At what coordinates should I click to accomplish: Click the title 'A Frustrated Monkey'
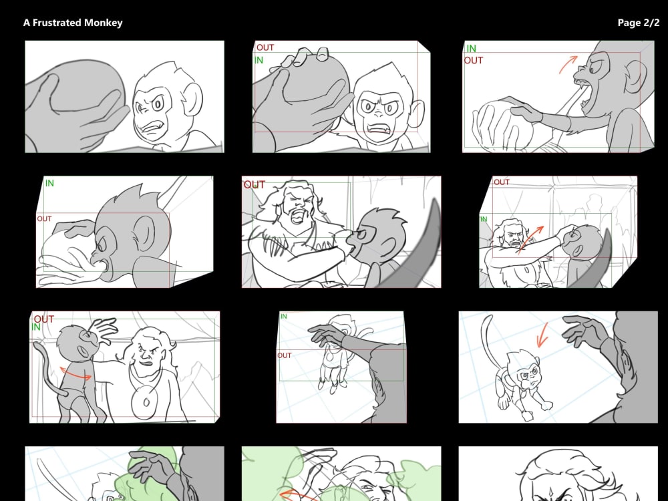73,23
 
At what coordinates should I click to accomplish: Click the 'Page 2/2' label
638,23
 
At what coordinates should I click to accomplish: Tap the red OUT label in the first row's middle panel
265,48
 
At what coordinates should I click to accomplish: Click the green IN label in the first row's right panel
471,49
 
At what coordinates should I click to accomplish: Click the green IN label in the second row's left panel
49,183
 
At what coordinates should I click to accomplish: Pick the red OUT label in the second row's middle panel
254,185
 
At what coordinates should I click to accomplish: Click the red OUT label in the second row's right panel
501,182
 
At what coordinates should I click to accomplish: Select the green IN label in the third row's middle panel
284,317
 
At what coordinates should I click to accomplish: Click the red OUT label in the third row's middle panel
285,355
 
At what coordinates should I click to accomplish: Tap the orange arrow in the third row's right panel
542,335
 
